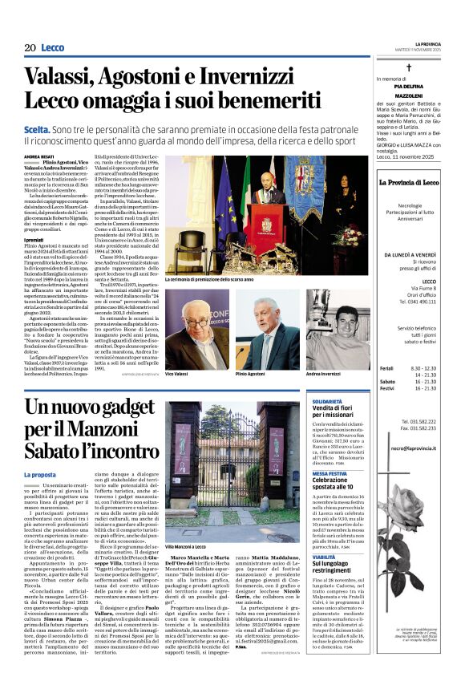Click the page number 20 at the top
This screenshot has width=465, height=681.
point(30,48)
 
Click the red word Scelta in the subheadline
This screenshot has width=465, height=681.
point(37,128)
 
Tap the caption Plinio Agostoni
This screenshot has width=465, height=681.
point(250,375)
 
